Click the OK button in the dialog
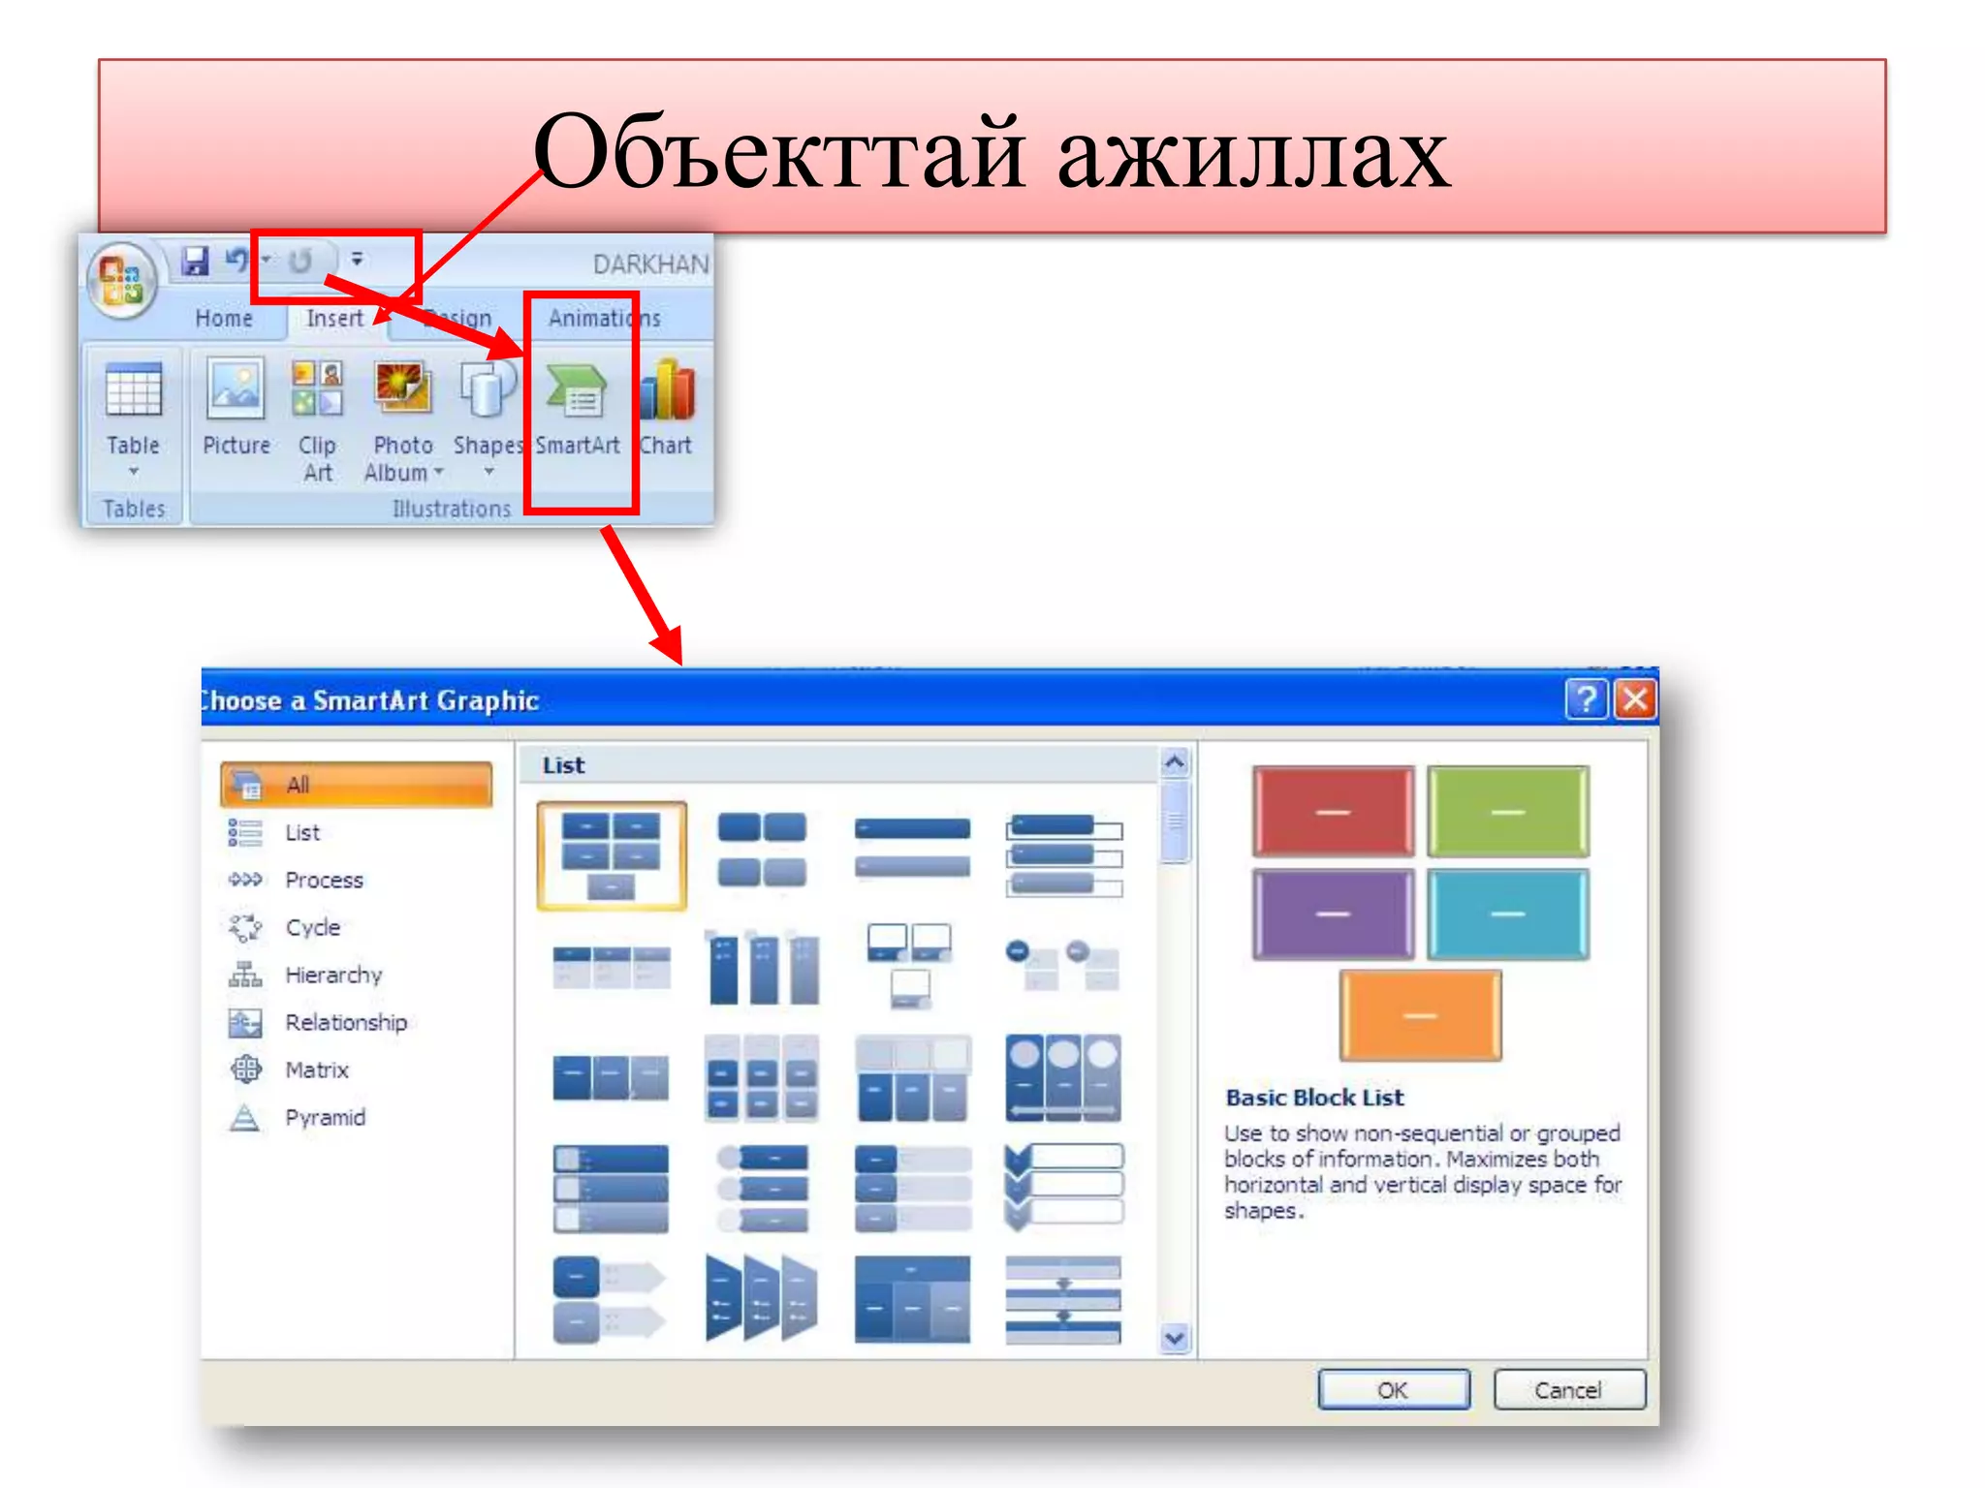(1393, 1390)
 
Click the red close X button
(1636, 698)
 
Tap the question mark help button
(1586, 698)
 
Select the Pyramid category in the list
(324, 1118)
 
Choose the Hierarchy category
(332, 975)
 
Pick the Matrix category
(316, 1070)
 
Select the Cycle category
(312, 927)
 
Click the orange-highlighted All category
(356, 785)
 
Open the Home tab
(223, 318)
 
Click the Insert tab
(334, 318)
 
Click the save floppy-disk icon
(196, 261)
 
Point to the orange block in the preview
(1420, 1015)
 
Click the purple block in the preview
(1333, 914)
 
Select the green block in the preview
(1507, 812)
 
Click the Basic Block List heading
(1314, 1098)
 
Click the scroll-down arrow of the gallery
(1175, 1339)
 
